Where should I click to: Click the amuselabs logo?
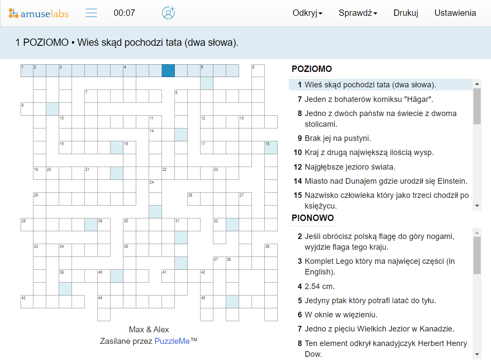pos(39,13)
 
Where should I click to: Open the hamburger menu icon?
pos(91,13)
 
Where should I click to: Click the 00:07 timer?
pos(124,13)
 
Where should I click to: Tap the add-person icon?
pos(168,13)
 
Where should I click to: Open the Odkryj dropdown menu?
pos(307,13)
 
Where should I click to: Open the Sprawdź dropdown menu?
pos(358,13)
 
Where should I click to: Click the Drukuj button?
pos(406,13)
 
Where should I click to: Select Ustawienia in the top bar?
pos(455,13)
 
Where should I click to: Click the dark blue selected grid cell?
pos(168,71)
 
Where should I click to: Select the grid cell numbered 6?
pos(258,71)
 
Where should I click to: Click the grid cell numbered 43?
pos(27,301)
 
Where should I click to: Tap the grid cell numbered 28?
pos(27,224)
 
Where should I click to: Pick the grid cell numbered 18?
pos(271,148)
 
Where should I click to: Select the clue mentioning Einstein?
pos(386,181)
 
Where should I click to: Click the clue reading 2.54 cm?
pos(320,286)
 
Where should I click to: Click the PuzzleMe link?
pos(172,341)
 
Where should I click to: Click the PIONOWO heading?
pos(313,218)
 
